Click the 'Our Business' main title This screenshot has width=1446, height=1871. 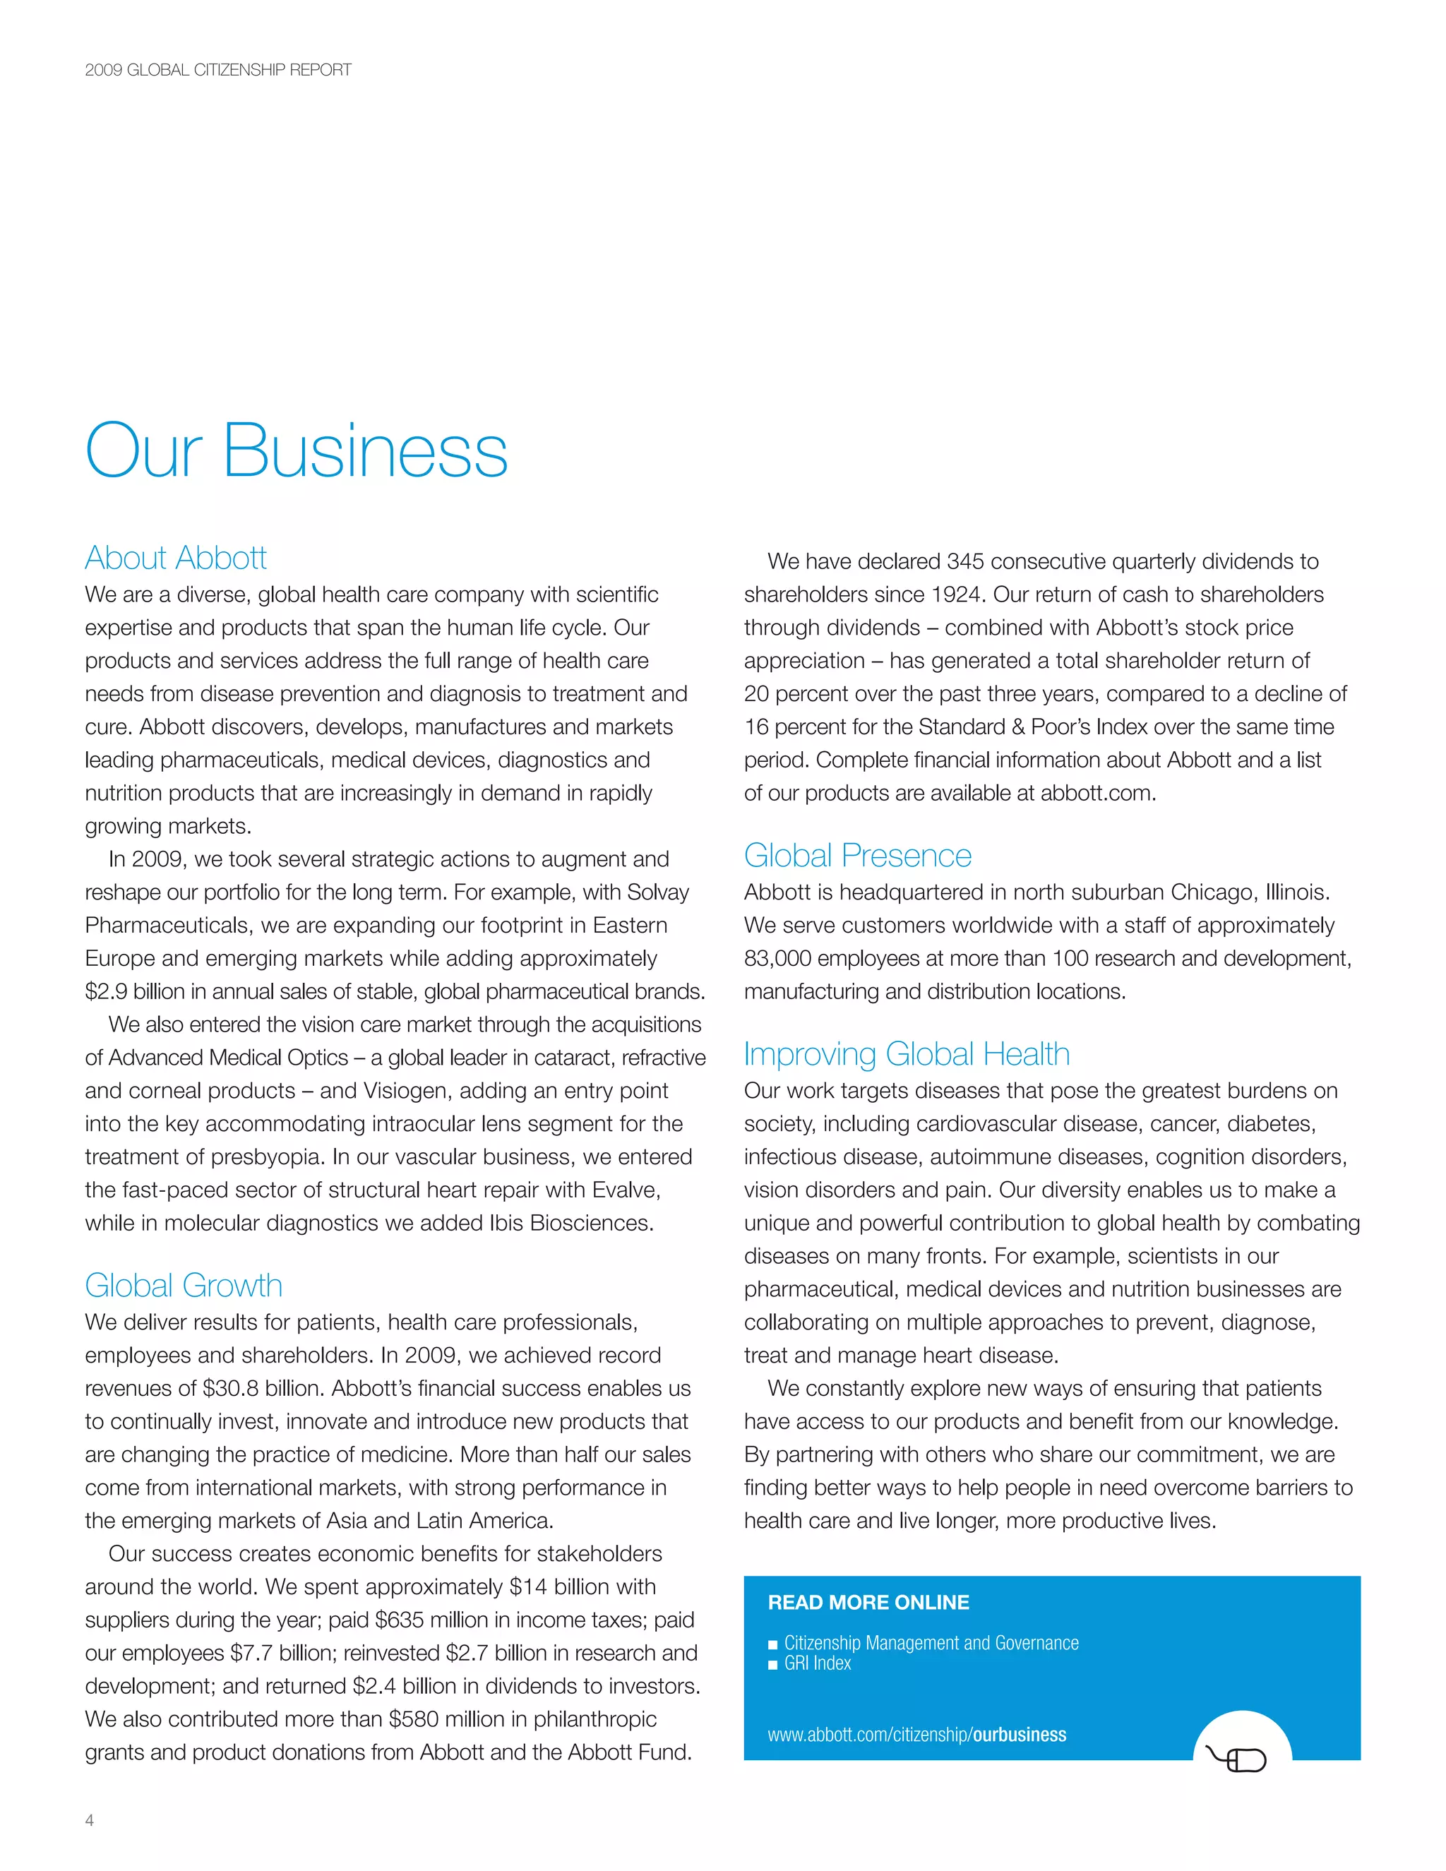click(x=297, y=450)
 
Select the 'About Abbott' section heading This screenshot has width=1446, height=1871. click(x=176, y=558)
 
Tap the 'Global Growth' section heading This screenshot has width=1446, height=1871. click(x=184, y=1285)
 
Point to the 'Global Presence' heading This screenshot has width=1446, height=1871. click(x=857, y=855)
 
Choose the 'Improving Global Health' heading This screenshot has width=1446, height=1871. click(x=907, y=1053)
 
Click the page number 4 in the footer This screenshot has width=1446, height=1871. click(x=89, y=1820)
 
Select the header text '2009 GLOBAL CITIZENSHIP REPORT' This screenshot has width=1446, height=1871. click(x=217, y=70)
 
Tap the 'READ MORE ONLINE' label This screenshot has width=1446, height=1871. click(x=868, y=1602)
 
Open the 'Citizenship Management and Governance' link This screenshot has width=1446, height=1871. click(x=931, y=1642)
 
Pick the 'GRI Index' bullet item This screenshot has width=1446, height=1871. click(x=817, y=1663)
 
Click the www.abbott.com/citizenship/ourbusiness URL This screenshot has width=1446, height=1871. click(x=916, y=1735)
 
